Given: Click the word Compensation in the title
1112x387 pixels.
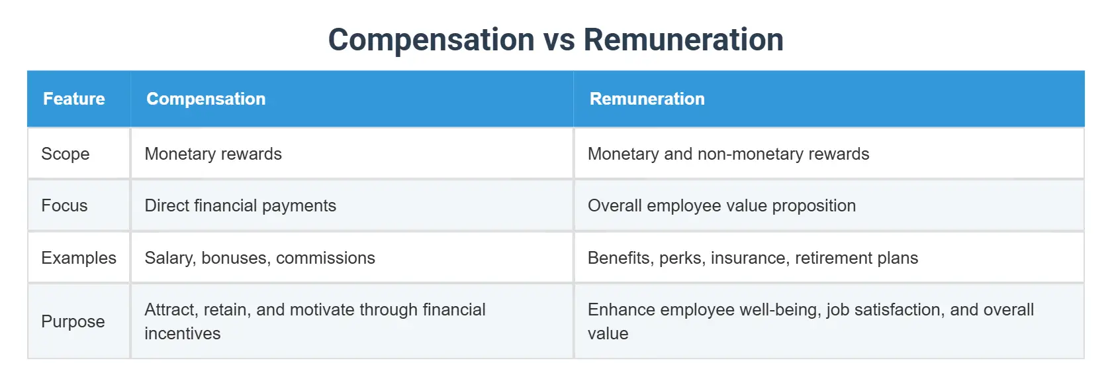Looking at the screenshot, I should click(x=432, y=40).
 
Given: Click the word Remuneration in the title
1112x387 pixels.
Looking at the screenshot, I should click(x=683, y=40).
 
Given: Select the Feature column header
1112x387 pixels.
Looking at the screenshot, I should click(x=74, y=99).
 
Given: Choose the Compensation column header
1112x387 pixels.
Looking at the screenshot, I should click(x=206, y=99).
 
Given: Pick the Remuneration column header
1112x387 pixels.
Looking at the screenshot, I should click(x=647, y=99).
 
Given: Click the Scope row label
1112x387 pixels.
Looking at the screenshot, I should click(x=65, y=154).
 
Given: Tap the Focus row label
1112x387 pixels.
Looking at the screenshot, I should click(x=64, y=205).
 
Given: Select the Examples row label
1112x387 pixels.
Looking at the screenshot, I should click(x=78, y=258).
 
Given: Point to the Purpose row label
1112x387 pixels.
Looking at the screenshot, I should click(x=73, y=321).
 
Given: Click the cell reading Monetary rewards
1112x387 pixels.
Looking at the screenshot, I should click(x=213, y=154).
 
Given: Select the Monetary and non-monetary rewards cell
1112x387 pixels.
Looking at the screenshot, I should click(x=728, y=154).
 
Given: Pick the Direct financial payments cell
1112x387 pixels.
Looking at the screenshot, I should click(x=240, y=205).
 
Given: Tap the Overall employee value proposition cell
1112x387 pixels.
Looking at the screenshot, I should click(x=721, y=205).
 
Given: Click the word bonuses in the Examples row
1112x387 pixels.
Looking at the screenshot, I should click(x=236, y=258).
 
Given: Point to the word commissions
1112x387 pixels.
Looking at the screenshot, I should click(x=326, y=258).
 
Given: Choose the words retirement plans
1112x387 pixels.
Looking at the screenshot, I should click(x=857, y=258).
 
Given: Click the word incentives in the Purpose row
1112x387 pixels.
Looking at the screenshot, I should click(x=183, y=333).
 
